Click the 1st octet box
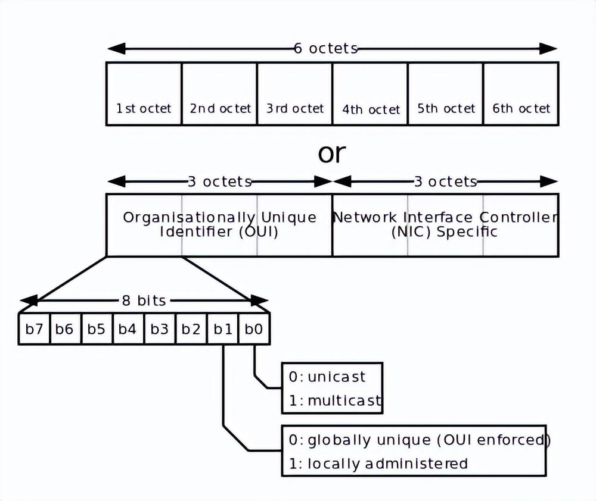click(x=144, y=94)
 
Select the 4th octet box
click(x=370, y=94)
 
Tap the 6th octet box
click(x=521, y=94)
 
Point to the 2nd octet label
click(x=221, y=108)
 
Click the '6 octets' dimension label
click(x=326, y=48)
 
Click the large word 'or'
click(x=332, y=153)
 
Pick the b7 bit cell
click(x=34, y=328)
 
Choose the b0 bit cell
click(x=254, y=328)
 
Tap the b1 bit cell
click(x=223, y=328)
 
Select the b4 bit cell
click(x=128, y=328)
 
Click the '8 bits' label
click(x=144, y=300)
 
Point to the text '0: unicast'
click(x=327, y=377)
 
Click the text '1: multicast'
click(x=335, y=400)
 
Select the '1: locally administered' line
click(x=378, y=464)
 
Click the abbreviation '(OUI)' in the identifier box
click(x=259, y=231)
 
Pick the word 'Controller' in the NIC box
click(x=519, y=217)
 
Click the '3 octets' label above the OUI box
click(x=220, y=181)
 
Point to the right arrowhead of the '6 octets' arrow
click(x=548, y=49)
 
